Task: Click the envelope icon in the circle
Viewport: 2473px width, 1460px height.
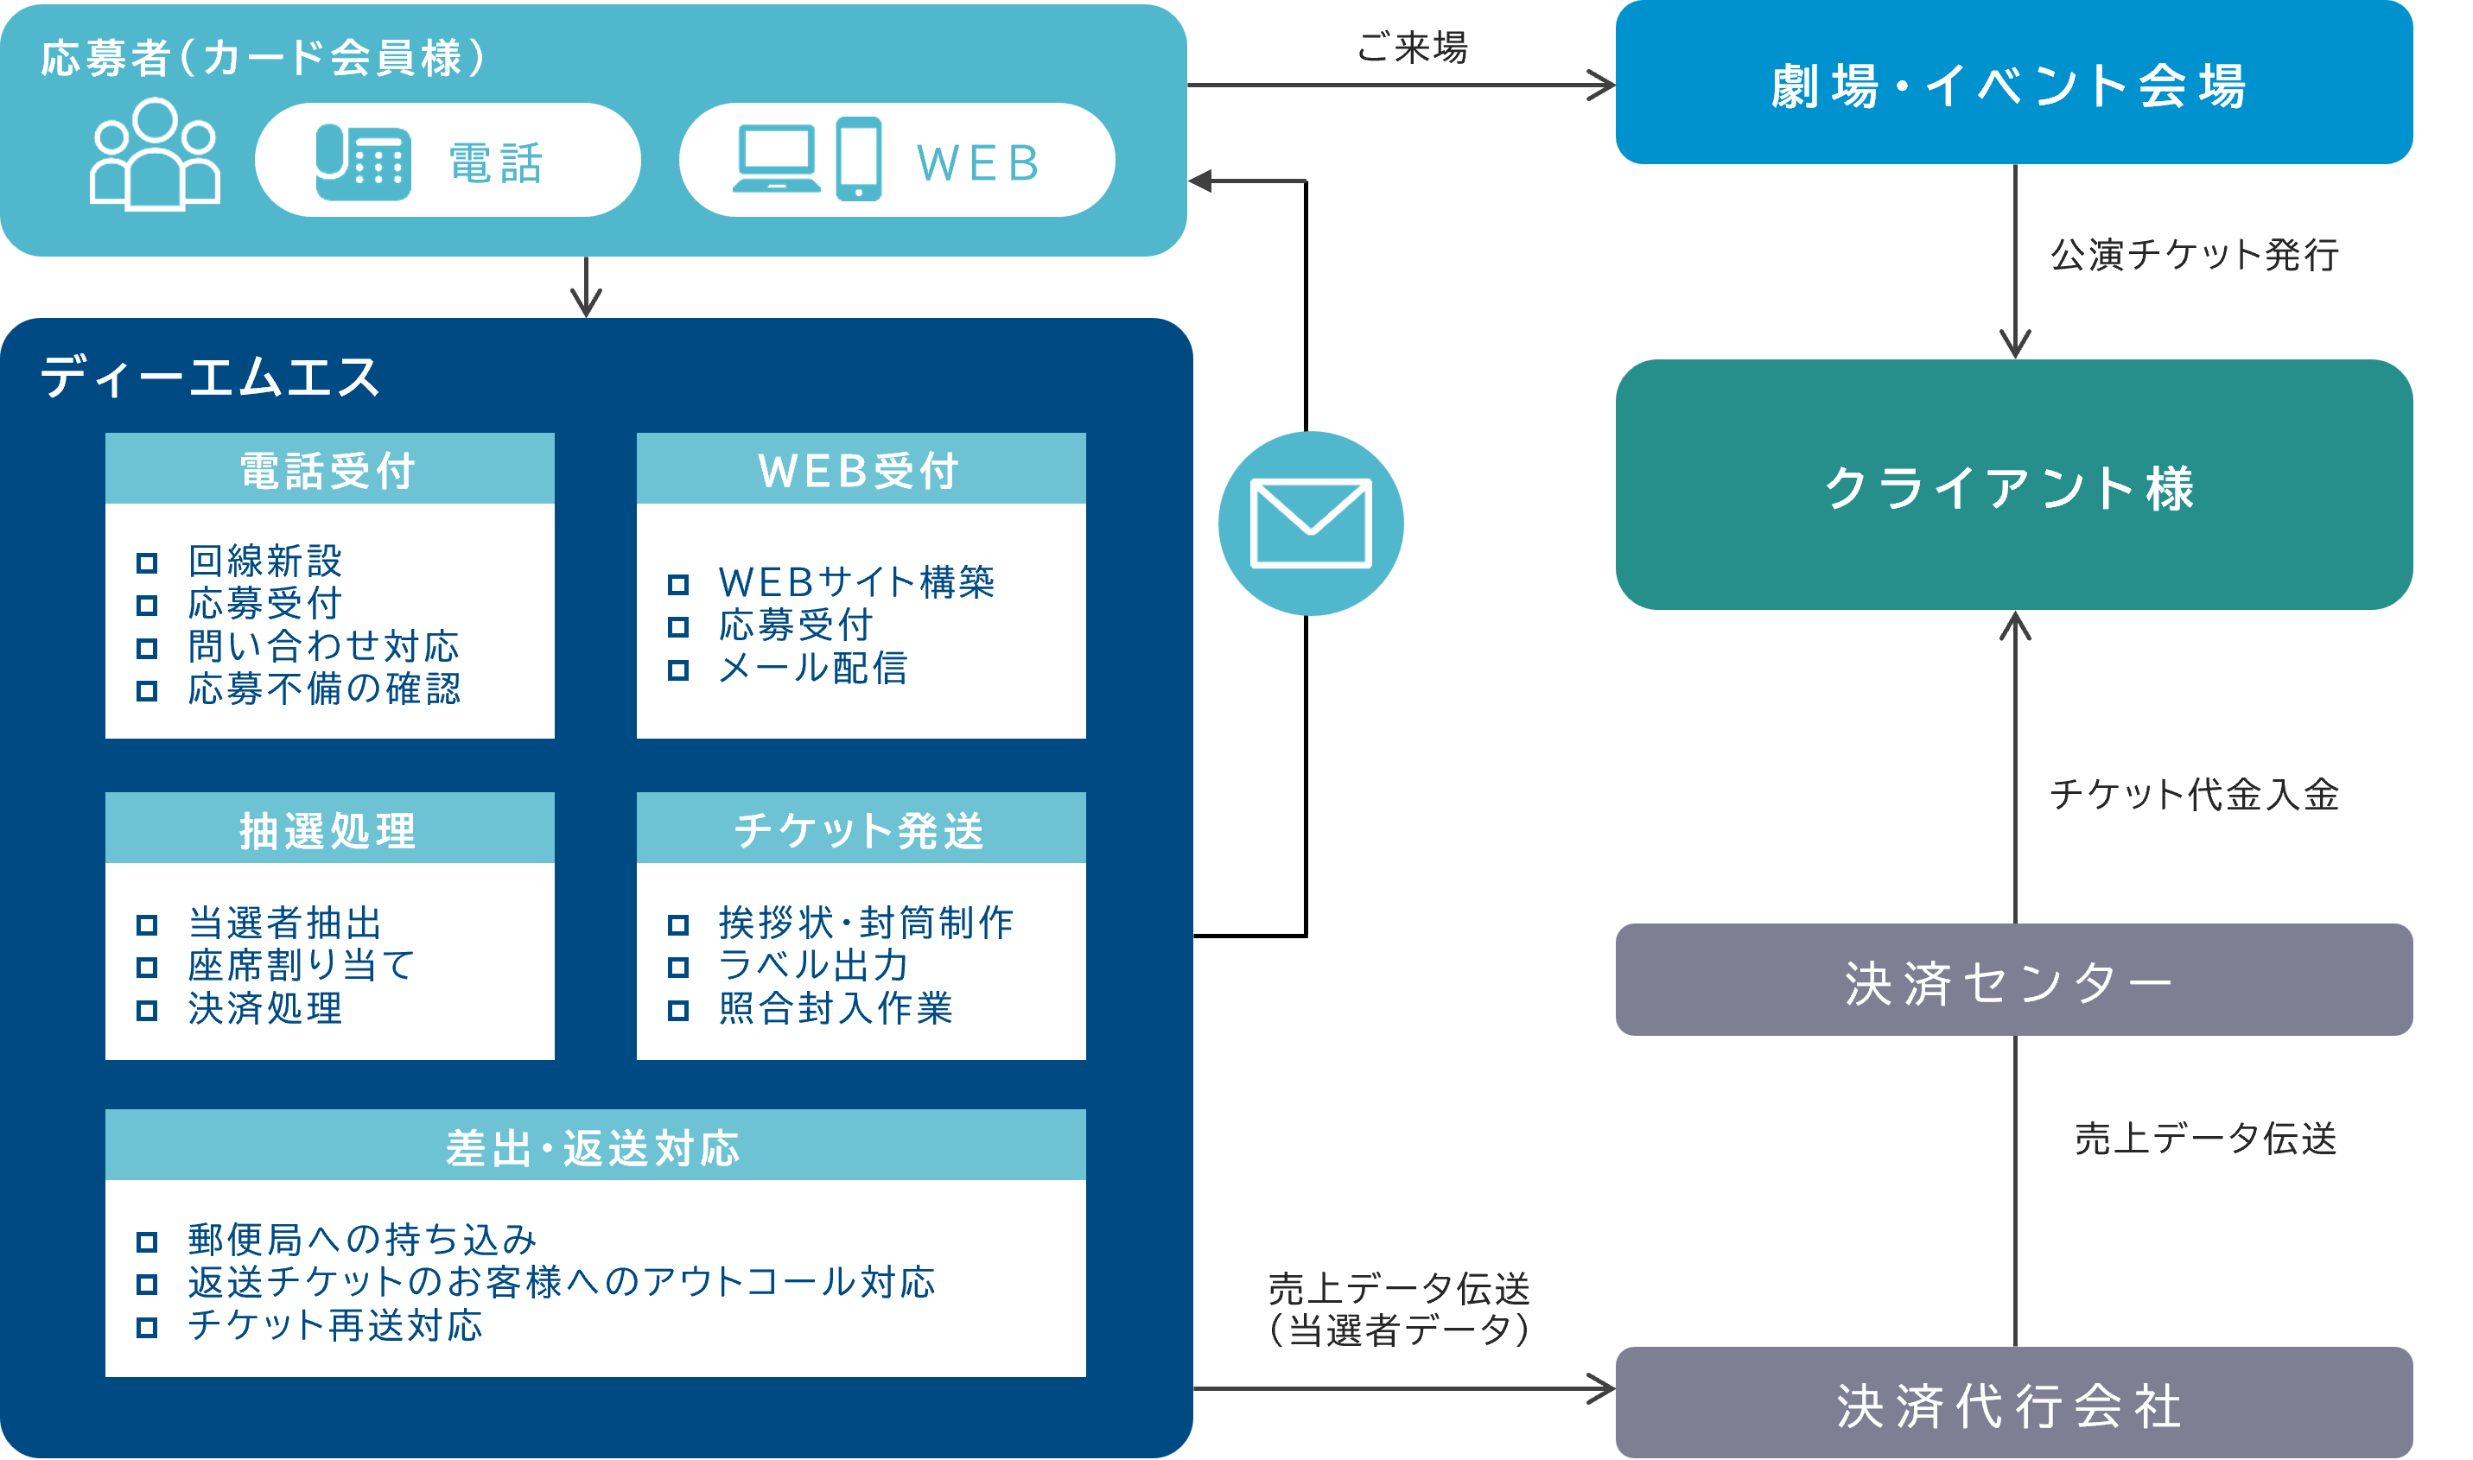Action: pos(1310,524)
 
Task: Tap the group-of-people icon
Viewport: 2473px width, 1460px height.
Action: pos(155,155)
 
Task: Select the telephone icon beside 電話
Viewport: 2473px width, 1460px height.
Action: pos(362,162)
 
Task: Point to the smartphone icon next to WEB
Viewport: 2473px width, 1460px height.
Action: pos(858,158)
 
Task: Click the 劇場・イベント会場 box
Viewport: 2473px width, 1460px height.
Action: pos(2012,84)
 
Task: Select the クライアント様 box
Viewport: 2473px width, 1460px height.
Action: pos(2012,485)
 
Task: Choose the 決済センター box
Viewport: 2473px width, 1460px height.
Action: pos(2012,980)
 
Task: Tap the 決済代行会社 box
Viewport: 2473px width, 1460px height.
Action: pos(2012,1403)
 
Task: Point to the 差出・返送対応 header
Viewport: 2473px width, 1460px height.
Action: pos(594,1146)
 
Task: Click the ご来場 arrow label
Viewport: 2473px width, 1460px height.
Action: pos(1411,48)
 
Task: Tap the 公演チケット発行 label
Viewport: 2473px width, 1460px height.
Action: pos(2194,254)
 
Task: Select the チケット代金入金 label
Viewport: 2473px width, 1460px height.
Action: pos(2194,794)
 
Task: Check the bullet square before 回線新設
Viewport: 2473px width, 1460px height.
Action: pos(147,562)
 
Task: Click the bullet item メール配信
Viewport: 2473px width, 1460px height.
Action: pos(813,669)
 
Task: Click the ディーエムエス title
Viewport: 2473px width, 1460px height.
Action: pos(210,377)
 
